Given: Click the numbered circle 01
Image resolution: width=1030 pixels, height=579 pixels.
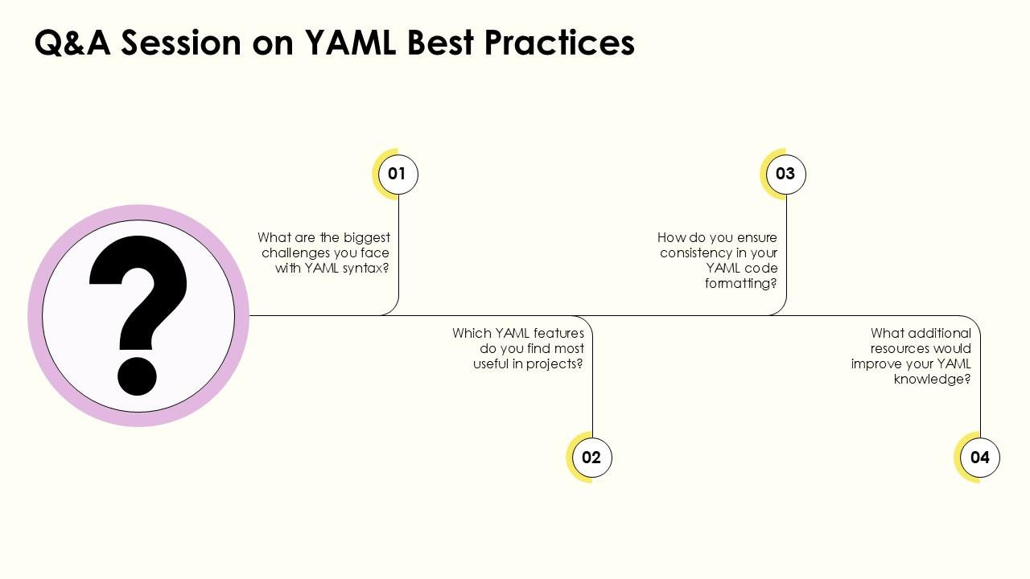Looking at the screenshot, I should pyautogui.click(x=398, y=174).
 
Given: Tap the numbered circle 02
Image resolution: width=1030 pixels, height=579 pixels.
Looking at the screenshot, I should pyautogui.click(x=591, y=458).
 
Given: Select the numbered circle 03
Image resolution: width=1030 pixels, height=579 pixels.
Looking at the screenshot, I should pyautogui.click(x=785, y=174).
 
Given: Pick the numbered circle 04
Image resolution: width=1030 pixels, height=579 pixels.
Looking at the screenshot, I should pyautogui.click(x=979, y=458).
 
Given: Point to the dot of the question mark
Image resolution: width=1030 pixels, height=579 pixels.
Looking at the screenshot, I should pyautogui.click(x=138, y=375).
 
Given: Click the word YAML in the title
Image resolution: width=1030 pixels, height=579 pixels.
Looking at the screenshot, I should pyautogui.click(x=350, y=43).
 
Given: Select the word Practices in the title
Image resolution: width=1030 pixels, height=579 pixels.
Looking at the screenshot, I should pyautogui.click(x=559, y=43).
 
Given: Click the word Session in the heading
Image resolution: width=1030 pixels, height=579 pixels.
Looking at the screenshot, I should pyautogui.click(x=182, y=43).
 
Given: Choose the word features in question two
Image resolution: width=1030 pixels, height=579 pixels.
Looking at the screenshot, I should pyautogui.click(x=556, y=333).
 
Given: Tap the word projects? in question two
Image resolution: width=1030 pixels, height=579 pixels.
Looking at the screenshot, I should pyautogui.click(x=554, y=363).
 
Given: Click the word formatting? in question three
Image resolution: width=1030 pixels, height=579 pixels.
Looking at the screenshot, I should pyautogui.click(x=741, y=284).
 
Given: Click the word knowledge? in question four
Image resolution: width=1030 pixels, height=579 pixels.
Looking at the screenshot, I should pyautogui.click(x=932, y=379).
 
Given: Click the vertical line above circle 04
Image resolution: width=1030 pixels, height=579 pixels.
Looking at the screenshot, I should pyautogui.click(x=980, y=386).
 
